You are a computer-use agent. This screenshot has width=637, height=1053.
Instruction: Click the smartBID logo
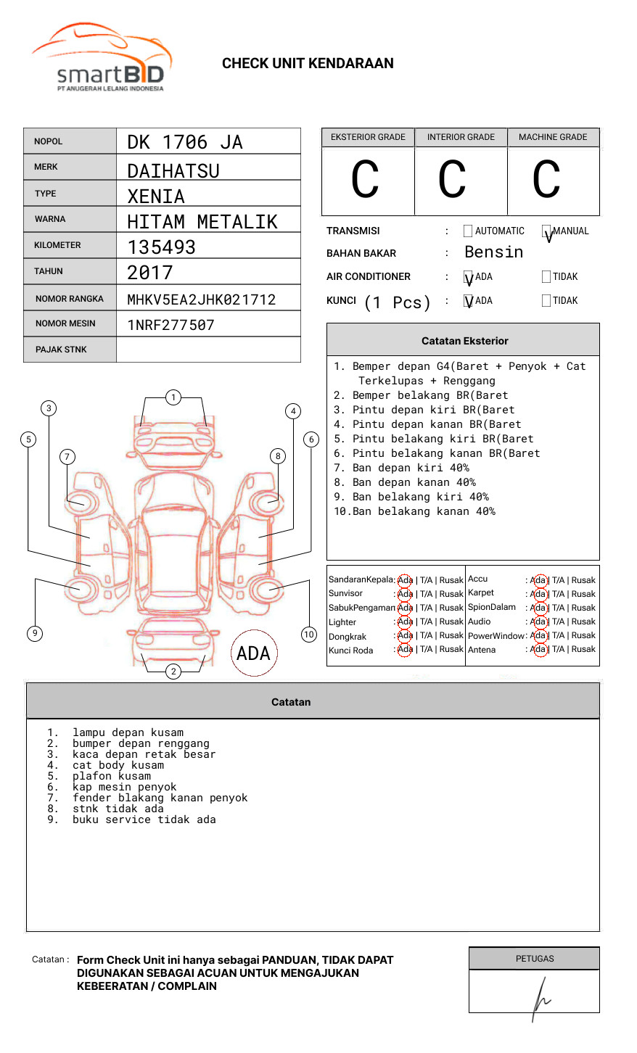click(x=102, y=58)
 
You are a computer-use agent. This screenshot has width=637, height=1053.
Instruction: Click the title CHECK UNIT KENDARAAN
click(x=308, y=64)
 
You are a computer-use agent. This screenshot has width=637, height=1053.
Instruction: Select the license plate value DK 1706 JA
click(x=185, y=142)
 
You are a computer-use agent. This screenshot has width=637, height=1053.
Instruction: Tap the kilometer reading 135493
click(x=161, y=247)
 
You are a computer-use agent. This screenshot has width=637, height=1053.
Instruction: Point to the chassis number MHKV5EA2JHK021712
click(x=201, y=300)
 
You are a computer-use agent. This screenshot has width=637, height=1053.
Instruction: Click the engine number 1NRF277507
click(x=170, y=325)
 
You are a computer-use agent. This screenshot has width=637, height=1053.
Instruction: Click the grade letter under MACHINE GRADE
click(x=546, y=180)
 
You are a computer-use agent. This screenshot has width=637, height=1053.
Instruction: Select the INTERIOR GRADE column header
click(x=461, y=137)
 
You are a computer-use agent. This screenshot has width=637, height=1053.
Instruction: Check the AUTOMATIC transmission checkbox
click(x=468, y=231)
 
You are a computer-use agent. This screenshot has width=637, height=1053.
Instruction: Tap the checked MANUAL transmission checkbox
click(x=546, y=231)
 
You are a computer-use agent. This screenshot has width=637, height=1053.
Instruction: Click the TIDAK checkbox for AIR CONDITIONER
click(x=546, y=277)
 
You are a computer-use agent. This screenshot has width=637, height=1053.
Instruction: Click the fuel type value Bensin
click(x=493, y=252)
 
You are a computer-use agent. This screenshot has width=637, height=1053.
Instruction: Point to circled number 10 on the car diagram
click(x=309, y=635)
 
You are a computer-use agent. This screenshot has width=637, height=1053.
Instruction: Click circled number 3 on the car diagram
click(x=49, y=408)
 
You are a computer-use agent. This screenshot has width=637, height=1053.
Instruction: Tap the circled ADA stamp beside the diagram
click(x=253, y=653)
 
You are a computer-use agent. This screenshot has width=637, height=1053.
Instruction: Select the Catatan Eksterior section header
click(x=464, y=341)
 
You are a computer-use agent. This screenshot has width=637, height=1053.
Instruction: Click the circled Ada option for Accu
click(x=538, y=580)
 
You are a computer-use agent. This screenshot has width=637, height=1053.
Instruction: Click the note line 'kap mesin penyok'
click(x=124, y=787)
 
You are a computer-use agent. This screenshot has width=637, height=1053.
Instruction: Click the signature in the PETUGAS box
click(x=540, y=998)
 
